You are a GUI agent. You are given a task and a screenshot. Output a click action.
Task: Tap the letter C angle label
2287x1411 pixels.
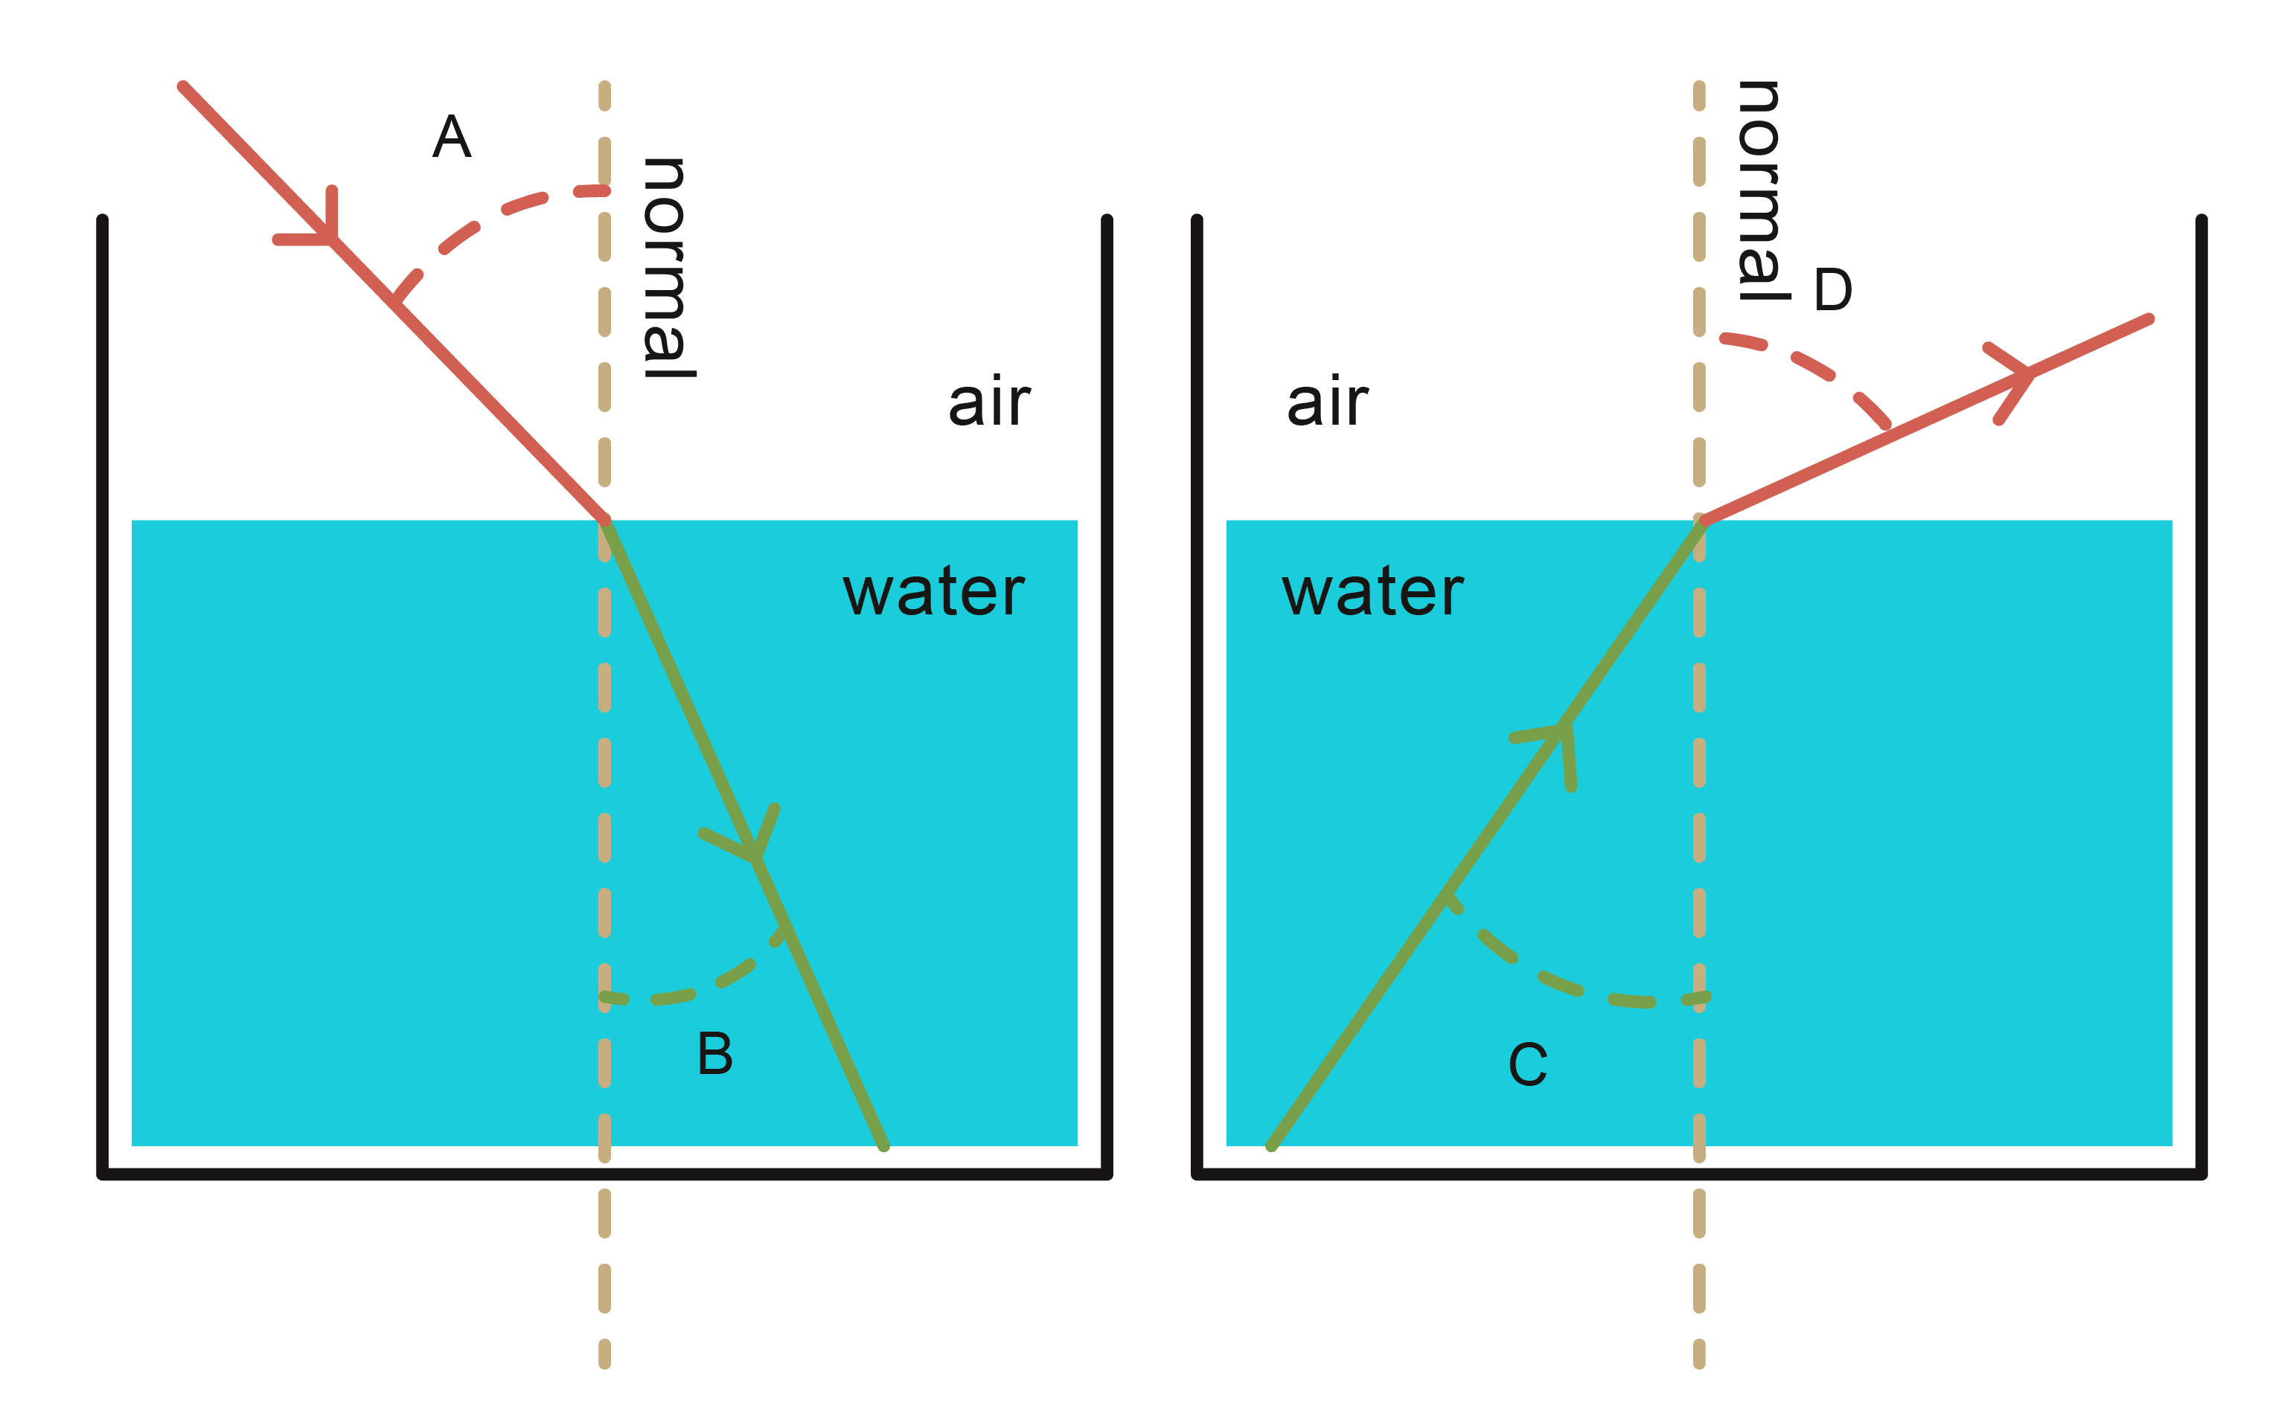(1528, 1065)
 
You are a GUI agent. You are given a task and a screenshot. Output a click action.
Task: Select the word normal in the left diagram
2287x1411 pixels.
(668, 268)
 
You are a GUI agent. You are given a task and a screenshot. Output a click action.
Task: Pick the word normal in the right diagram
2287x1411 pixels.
(1761, 191)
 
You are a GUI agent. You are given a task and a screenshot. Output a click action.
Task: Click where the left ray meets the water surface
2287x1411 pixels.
(605, 520)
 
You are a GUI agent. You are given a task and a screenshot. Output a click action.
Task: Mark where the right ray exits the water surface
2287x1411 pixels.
(1701, 520)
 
